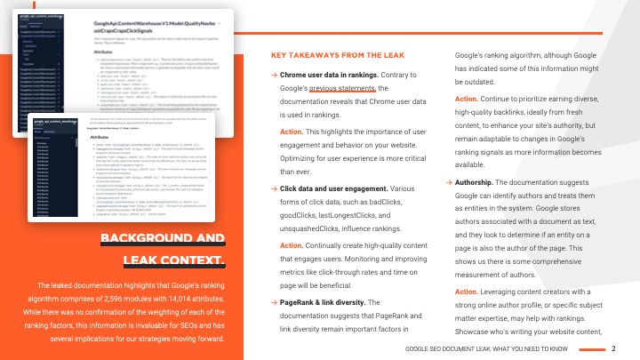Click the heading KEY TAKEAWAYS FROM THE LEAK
pos(337,55)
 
